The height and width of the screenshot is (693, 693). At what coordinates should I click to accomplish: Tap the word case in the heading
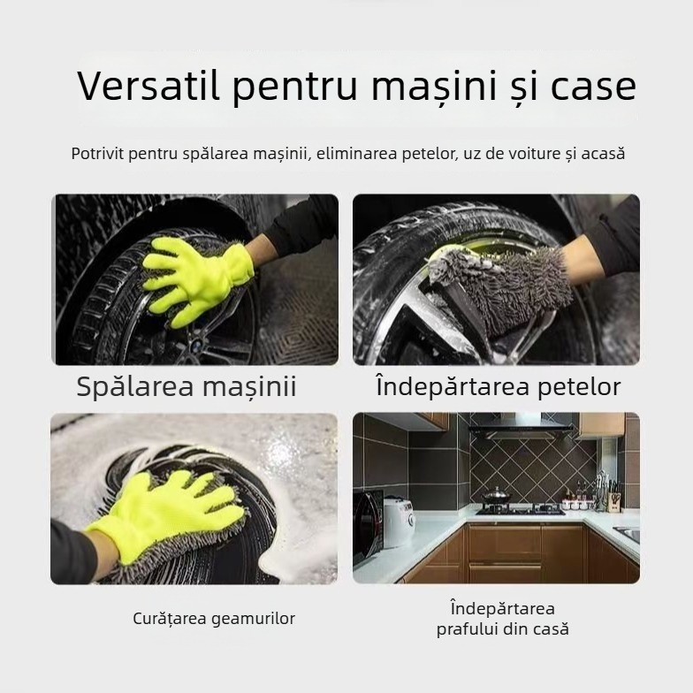coord(593,87)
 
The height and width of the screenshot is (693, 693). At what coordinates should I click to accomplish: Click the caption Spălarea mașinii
coord(187,386)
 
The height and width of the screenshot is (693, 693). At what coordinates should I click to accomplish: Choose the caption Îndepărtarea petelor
coord(498,386)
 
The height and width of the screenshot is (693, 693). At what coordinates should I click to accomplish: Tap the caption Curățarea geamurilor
coord(214,619)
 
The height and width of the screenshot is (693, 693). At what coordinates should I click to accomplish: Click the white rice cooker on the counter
coord(398,522)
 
